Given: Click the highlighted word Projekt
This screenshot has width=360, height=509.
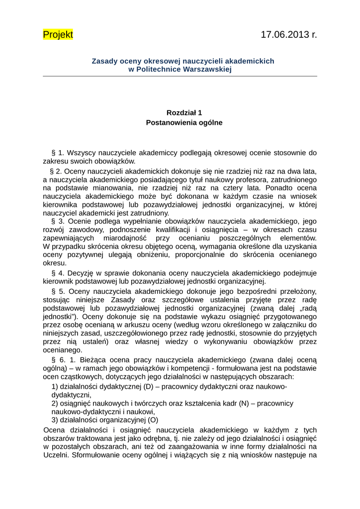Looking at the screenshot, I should pos(58,34).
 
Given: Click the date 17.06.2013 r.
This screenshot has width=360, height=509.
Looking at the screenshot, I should pos(288,34).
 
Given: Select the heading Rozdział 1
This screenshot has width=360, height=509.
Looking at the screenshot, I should pos(184,113).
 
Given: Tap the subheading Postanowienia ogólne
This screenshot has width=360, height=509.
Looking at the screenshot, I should pos(184,122).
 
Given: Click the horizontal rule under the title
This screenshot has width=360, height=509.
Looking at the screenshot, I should pos(180,76).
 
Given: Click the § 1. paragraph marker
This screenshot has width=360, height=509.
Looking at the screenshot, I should pos(58,153).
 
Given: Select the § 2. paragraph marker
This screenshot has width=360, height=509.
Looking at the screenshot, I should pos(54,171).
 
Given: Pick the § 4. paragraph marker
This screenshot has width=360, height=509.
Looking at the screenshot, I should pos(58,273).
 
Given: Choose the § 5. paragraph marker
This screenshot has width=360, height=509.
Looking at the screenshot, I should pos(58,291).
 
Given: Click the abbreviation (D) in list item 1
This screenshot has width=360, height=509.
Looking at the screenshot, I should pos(148,387).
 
